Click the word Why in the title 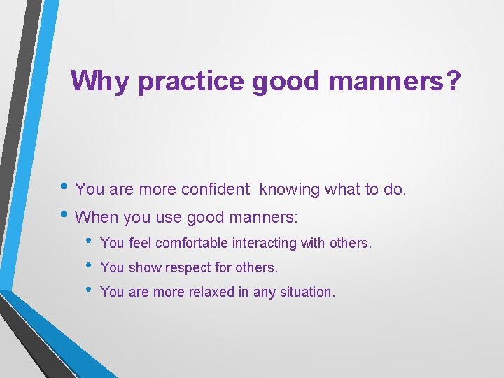[x=101, y=81]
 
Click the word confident [x=215, y=189]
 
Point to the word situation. [x=307, y=292]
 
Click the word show [x=142, y=267]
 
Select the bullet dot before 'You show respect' [x=87, y=267]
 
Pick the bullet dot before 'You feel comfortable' [x=87, y=242]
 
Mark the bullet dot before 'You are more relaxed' [x=87, y=290]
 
